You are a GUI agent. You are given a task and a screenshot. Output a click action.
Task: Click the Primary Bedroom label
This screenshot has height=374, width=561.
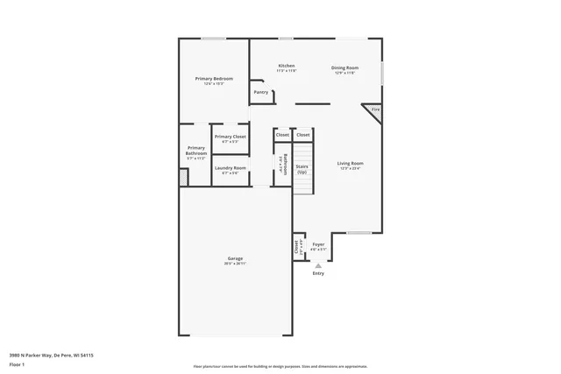point(213,78)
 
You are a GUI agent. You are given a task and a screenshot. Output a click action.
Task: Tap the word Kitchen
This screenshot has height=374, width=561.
point(287,66)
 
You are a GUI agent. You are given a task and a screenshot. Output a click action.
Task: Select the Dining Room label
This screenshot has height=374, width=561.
point(344,67)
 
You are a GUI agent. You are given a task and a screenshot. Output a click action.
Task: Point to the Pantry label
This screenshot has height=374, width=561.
point(260,92)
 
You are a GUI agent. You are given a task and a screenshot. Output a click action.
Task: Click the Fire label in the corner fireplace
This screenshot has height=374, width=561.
point(375,109)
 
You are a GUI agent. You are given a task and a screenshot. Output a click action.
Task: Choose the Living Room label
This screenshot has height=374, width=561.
point(351,163)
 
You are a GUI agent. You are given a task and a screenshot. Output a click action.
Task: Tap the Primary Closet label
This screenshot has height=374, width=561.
point(230,137)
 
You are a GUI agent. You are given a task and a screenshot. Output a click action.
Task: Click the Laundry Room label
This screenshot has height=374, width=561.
point(230,167)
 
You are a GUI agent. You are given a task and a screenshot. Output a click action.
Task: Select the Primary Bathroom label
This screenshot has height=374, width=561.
point(195,151)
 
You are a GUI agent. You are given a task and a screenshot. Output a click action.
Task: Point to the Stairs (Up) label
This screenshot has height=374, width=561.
point(302,167)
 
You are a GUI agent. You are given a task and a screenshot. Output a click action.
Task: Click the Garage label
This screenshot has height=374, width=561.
point(235,258)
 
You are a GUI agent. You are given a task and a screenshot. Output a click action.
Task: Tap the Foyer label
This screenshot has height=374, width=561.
point(318,244)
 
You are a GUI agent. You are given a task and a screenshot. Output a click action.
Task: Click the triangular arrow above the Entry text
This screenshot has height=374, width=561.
point(318,265)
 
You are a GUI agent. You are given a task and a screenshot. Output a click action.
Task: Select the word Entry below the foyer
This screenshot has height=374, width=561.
point(318,273)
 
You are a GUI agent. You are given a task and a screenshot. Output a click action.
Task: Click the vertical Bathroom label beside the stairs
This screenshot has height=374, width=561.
point(285,165)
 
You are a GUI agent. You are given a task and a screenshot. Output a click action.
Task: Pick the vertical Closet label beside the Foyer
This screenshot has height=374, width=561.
point(297,248)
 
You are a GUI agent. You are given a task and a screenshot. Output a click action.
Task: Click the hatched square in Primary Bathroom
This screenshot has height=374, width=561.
point(183,178)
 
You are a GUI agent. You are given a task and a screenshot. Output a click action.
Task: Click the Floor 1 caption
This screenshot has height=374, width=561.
point(17,363)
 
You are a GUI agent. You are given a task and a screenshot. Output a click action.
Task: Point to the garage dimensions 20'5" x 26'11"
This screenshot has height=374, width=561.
point(235,264)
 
